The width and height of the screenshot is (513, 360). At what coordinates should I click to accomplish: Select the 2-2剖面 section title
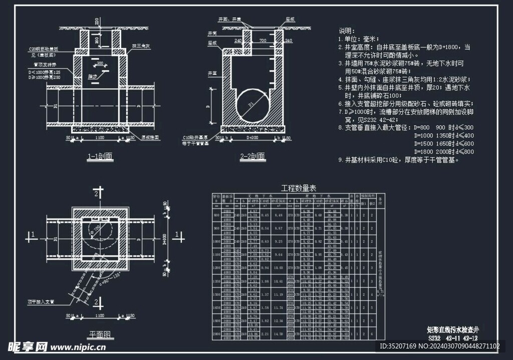(253, 157)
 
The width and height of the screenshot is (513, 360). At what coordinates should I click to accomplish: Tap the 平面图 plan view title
(100, 333)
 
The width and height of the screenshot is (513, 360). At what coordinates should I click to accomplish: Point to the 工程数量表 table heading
(299, 188)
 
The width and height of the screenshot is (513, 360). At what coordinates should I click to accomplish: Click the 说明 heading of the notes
(347, 31)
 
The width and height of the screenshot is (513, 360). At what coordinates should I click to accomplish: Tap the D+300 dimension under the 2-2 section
(252, 137)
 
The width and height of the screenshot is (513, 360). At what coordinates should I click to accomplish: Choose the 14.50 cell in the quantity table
(280, 333)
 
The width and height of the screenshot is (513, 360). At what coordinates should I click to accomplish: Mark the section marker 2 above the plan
(100, 192)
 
